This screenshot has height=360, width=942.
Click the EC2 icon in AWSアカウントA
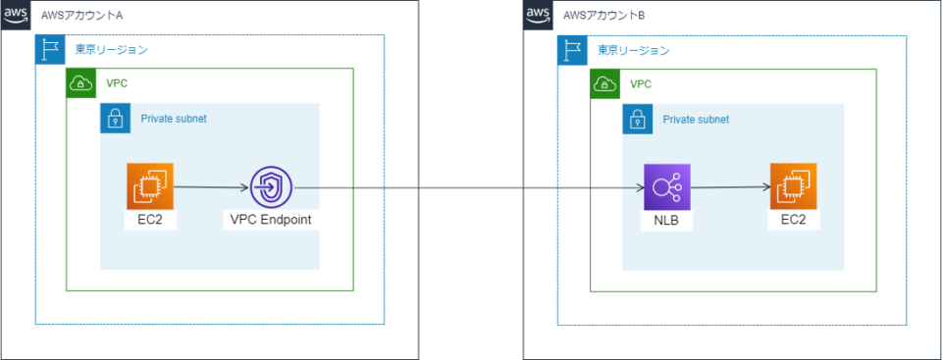[x=149, y=186]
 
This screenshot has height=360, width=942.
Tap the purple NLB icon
[x=667, y=187]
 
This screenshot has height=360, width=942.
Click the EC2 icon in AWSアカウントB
[x=794, y=187]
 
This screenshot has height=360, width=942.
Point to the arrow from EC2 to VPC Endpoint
[x=210, y=186]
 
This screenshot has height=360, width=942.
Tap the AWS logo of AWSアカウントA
[x=16, y=15]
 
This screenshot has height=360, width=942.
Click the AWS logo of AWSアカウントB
[x=539, y=15]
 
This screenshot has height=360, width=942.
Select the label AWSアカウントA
[x=82, y=17]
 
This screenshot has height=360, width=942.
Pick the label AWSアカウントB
[x=604, y=17]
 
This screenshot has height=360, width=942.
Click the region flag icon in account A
[x=50, y=50]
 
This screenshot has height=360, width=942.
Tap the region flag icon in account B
[x=572, y=50]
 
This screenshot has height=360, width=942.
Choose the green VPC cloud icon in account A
[x=81, y=83]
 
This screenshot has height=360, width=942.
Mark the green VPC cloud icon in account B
[x=604, y=83]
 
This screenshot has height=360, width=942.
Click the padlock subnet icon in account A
[x=115, y=119]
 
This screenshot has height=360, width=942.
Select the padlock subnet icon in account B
[x=637, y=120]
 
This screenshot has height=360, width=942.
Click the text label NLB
[x=667, y=222]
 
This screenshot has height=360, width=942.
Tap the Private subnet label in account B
[x=696, y=120]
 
